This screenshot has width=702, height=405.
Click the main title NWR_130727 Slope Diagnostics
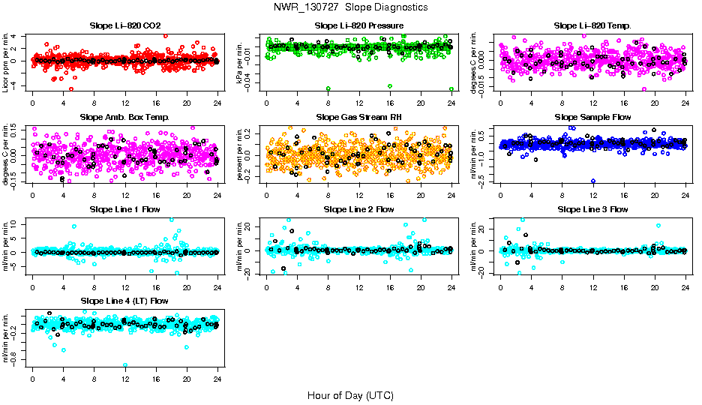point(351,7)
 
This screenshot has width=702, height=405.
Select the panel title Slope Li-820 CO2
point(124,25)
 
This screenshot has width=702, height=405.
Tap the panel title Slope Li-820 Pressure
point(358,25)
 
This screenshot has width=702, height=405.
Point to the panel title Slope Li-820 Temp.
point(592,25)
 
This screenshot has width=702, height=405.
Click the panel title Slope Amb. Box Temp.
point(124,117)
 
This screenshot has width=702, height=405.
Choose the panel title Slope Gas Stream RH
point(358,117)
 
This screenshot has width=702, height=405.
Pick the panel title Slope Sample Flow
point(592,117)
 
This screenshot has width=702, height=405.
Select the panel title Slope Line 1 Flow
point(124,209)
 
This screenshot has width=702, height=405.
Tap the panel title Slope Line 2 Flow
point(358,209)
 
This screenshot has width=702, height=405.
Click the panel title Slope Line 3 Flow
point(592,209)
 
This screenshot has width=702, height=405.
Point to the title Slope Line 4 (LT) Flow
point(124,301)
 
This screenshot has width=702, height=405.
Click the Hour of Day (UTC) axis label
point(350,394)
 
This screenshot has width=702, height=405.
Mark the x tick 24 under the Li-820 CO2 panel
point(217,103)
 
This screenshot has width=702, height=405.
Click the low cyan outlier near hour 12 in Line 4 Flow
point(125,365)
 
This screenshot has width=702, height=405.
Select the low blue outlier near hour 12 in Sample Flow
point(593,181)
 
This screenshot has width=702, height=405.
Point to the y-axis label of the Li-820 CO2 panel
point(7,61)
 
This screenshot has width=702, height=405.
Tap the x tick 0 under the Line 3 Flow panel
point(500,286)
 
